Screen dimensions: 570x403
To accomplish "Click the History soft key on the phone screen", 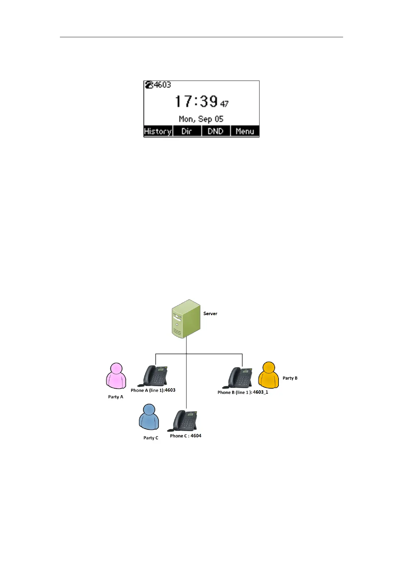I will [158, 131].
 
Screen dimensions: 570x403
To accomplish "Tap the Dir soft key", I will [187, 131].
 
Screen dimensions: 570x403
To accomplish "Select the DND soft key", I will [216, 131].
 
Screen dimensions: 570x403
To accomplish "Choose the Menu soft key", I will [245, 131].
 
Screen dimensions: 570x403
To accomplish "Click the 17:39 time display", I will [196, 101].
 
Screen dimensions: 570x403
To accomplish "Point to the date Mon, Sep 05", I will [201, 119].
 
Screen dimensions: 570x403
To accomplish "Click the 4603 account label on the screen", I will [162, 85].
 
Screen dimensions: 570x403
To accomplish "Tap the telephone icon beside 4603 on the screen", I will [149, 85].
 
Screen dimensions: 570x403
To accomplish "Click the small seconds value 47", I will [224, 104].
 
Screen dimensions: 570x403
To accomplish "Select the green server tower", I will [186, 319].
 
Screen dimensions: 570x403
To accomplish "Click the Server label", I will [210, 313].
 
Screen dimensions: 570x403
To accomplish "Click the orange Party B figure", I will [268, 375].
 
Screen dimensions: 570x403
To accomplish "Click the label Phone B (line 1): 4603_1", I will [243, 392].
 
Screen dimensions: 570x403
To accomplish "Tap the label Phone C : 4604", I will [185, 436].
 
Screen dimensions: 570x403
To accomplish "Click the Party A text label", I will [116, 397].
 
